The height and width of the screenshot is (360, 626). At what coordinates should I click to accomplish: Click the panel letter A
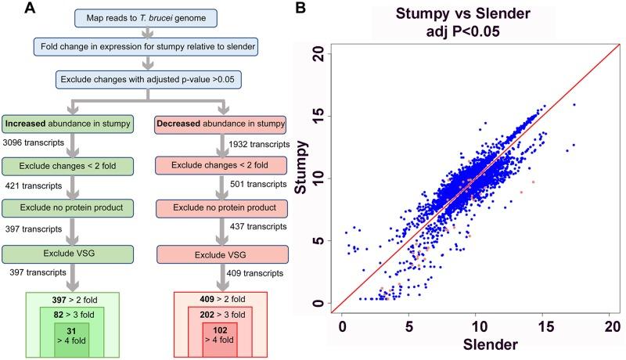[9, 9]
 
